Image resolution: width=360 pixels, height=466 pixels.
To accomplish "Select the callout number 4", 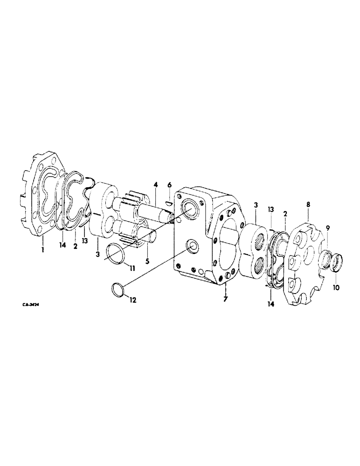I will [x=156, y=185].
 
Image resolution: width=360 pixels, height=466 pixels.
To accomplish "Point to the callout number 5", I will [x=147, y=261].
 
